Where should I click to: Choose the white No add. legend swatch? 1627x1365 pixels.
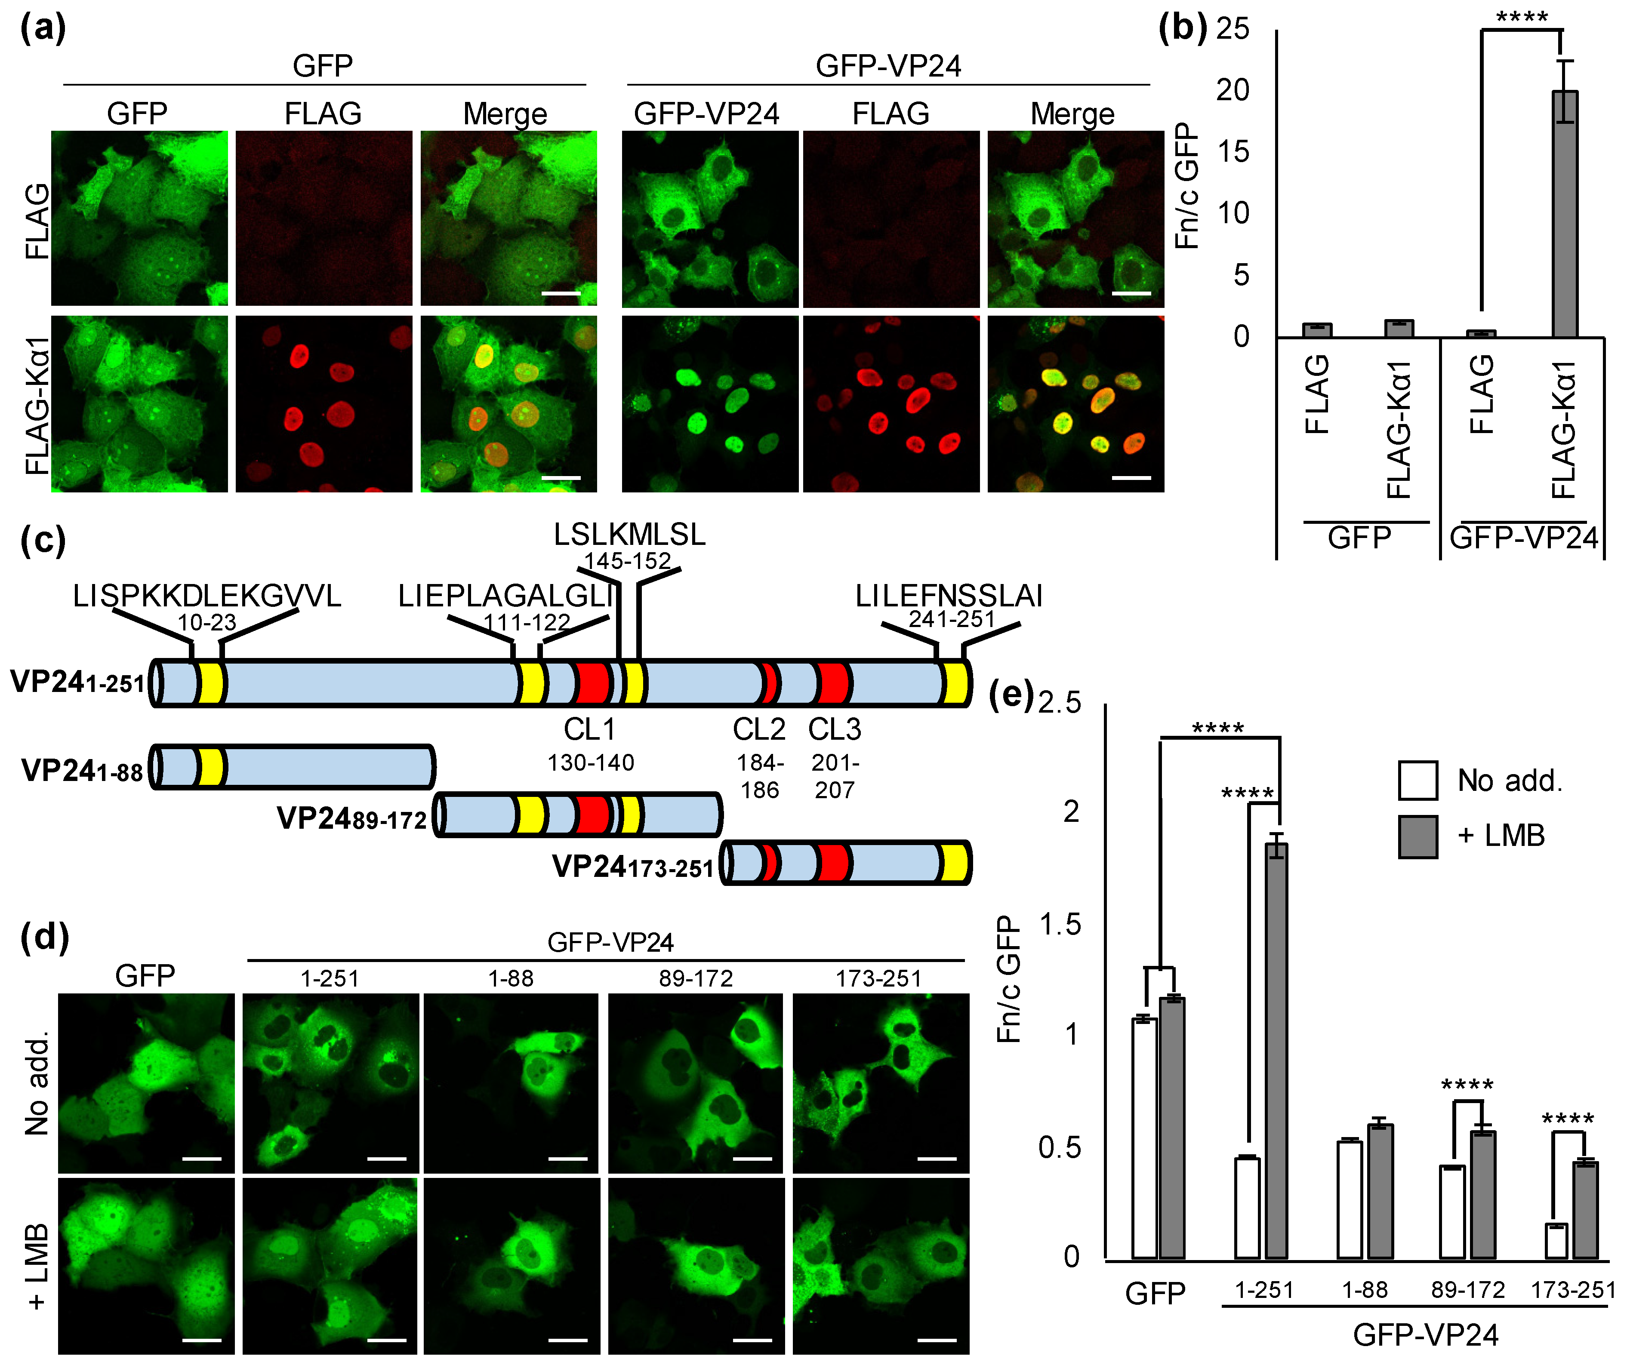coord(1418,780)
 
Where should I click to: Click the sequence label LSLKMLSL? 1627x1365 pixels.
coord(629,535)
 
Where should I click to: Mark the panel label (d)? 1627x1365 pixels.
coord(44,938)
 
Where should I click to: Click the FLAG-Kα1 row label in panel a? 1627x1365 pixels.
coord(37,404)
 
